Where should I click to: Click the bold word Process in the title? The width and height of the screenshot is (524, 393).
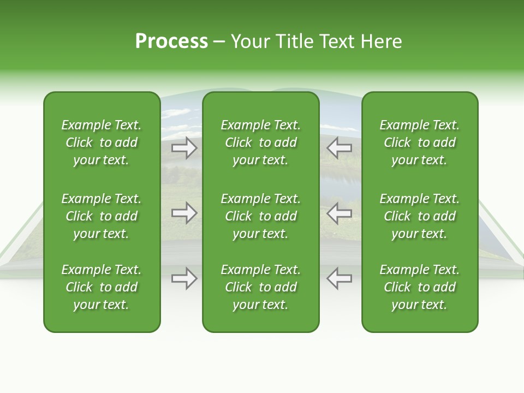tap(171, 41)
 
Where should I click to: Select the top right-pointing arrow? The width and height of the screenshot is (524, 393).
tap(184, 147)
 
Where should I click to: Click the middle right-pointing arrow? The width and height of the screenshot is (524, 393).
tap(184, 213)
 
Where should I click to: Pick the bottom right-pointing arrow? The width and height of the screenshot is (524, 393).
tap(184, 278)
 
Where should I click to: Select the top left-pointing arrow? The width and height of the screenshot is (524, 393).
tap(340, 147)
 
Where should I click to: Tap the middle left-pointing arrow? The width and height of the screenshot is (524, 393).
tap(340, 213)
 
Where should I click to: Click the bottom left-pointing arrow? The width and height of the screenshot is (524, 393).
tap(340, 278)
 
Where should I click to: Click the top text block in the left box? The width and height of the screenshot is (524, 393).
tap(102, 142)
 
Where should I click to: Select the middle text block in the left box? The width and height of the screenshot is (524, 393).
tap(102, 216)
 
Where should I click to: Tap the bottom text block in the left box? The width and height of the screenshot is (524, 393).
tap(102, 287)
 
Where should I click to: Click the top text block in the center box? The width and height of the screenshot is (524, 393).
tap(261, 142)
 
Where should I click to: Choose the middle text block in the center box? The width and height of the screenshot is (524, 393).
tap(261, 216)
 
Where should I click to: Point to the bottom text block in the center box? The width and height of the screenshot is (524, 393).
tap(261, 287)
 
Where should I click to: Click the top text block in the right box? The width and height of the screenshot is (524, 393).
tap(420, 142)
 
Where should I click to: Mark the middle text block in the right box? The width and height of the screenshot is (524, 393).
tap(420, 216)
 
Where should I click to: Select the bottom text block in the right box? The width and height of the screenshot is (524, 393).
tap(420, 287)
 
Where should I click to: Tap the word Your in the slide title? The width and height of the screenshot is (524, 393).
tap(248, 41)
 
